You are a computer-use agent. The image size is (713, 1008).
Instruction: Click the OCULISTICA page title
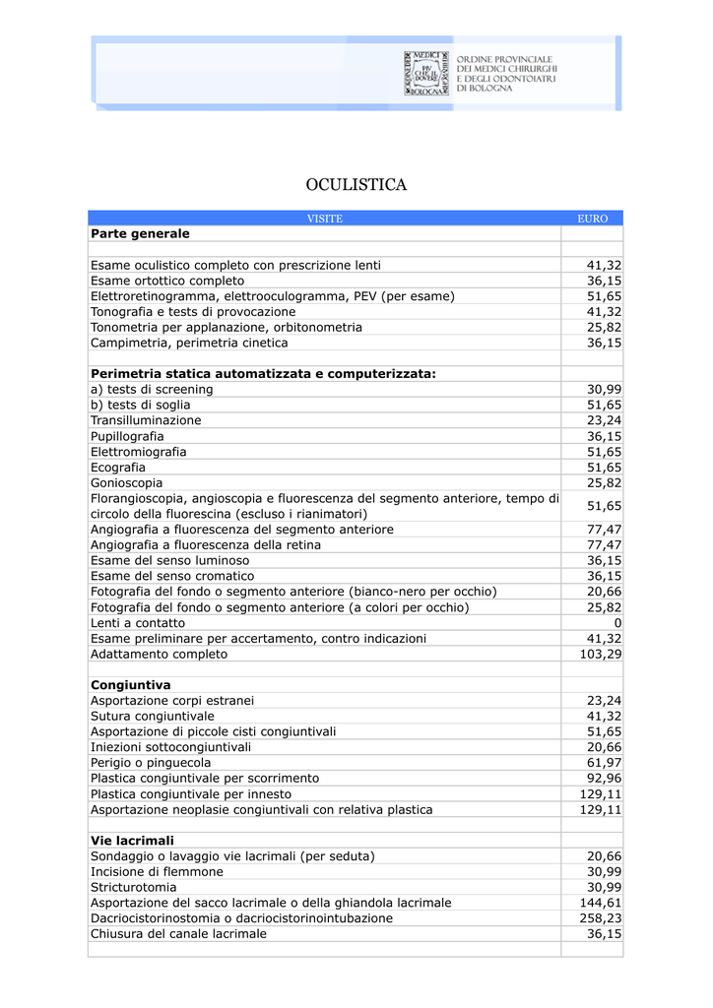click(x=356, y=185)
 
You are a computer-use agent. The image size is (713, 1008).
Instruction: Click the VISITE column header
click(x=324, y=219)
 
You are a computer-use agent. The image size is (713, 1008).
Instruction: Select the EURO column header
click(x=592, y=219)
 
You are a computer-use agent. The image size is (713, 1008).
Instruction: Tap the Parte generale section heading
click(x=140, y=234)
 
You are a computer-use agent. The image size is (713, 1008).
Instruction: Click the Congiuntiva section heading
click(x=131, y=684)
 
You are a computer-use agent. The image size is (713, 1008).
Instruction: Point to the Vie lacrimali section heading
click(x=132, y=841)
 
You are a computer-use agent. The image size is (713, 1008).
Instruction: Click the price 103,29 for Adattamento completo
click(x=600, y=654)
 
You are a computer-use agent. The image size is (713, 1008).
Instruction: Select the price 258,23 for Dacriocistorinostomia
click(x=600, y=917)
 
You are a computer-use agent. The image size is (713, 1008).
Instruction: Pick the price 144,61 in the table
click(x=600, y=903)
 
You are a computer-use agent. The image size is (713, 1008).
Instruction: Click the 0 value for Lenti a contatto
click(x=617, y=623)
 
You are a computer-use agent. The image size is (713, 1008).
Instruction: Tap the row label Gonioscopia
click(x=127, y=483)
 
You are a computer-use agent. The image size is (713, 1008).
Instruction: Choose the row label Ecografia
click(x=118, y=468)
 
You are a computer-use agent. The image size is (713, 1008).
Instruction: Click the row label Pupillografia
click(x=127, y=436)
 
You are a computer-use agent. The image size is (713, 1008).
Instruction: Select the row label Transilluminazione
click(x=146, y=420)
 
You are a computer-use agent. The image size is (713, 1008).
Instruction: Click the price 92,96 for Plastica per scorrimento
click(x=604, y=779)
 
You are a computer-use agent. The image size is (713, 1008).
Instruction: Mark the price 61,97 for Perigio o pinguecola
click(x=604, y=763)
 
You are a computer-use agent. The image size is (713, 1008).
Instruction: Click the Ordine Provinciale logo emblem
click(x=426, y=72)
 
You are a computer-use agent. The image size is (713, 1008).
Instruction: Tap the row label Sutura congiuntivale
click(x=153, y=716)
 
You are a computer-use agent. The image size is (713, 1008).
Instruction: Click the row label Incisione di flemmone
click(x=157, y=871)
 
